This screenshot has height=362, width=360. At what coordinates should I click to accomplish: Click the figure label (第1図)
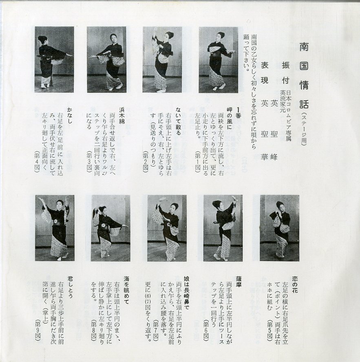click(x=197, y=162)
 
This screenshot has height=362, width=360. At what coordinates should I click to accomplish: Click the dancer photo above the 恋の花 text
click(x=280, y=228)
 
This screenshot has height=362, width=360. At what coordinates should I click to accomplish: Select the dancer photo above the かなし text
click(x=54, y=59)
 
